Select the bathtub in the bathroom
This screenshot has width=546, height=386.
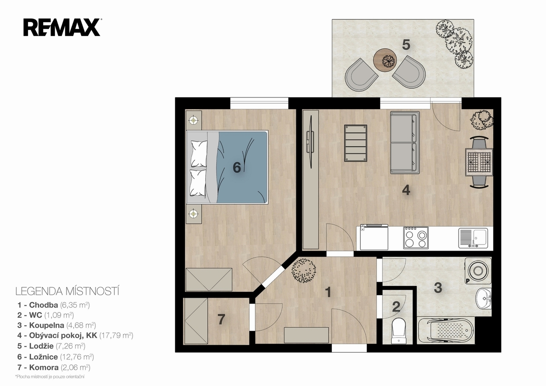(446, 330)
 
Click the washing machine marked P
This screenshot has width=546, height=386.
(478, 271)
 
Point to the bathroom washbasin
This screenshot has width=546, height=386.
(484, 299)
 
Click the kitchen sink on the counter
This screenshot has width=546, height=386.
(473, 238)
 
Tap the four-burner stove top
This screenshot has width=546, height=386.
(416, 238)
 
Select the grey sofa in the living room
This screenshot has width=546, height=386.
(405, 143)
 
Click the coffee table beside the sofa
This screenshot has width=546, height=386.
(355, 143)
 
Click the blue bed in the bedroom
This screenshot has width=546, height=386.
(227, 167)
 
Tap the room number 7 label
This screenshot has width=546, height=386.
(221, 320)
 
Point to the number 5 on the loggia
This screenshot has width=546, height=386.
(406, 45)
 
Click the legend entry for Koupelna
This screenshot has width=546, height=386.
(56, 325)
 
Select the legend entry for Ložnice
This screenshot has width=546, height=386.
(56, 357)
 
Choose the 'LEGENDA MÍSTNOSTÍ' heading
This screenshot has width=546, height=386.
(67, 292)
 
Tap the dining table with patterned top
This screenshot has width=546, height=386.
(479, 162)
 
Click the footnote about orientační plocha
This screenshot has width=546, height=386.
(50, 377)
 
